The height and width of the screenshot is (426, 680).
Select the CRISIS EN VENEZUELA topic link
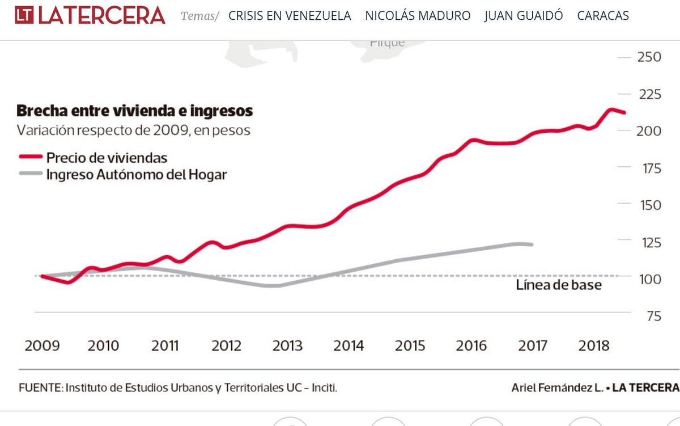coord(290,16)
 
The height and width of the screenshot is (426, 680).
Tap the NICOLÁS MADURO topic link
coord(418,16)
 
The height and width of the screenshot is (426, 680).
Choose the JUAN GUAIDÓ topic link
coord(524,16)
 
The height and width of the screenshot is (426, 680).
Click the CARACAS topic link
coord(603,16)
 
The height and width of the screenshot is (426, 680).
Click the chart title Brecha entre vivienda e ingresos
coord(135,110)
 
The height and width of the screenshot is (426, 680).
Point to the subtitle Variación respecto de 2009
coord(133,130)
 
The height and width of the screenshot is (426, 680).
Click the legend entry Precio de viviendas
coord(107,158)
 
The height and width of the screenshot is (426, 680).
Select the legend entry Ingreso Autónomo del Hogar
coord(136,175)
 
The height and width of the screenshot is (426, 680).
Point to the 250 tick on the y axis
coord(649,57)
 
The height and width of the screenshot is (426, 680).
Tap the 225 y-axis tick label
coord(649,94)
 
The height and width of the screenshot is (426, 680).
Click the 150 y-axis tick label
coord(649,205)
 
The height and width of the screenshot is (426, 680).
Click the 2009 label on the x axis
coord(42,346)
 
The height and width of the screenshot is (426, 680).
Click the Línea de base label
coord(558,285)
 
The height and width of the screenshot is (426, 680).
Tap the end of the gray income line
coord(532,244)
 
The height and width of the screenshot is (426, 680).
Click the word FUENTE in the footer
coord(40,388)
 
